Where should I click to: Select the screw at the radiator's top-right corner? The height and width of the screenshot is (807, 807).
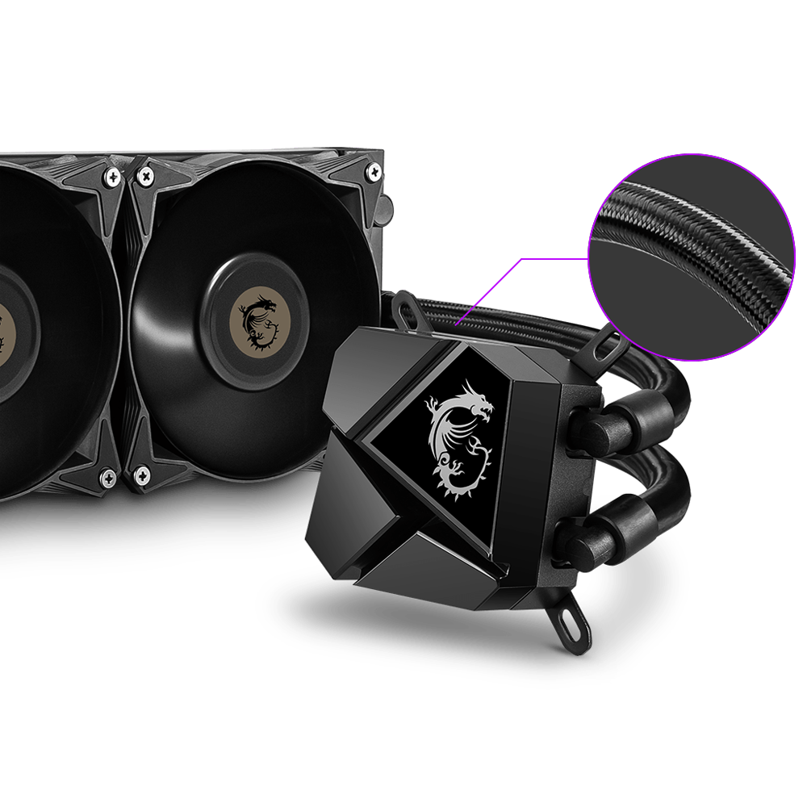tap(374, 171)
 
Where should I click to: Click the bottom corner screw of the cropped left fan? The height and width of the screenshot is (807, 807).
tap(107, 479)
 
